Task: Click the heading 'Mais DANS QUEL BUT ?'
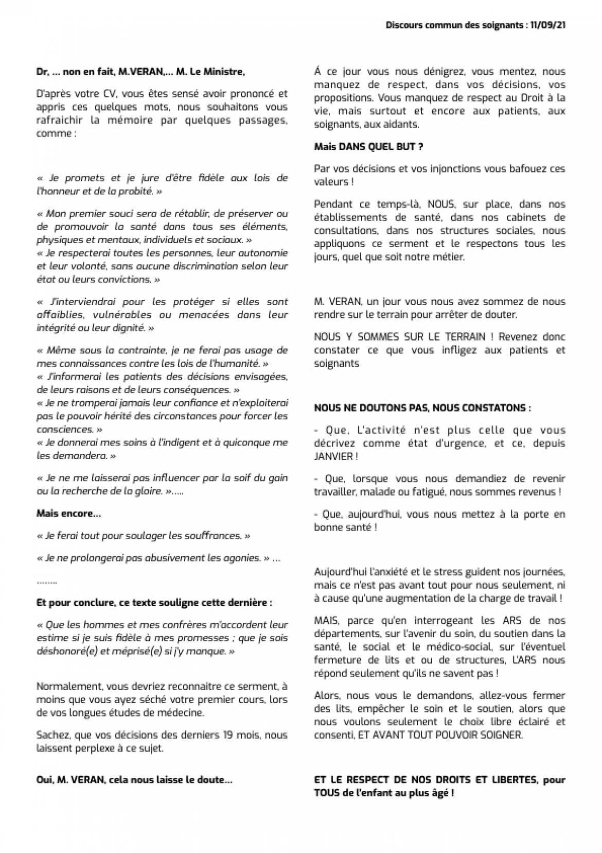point(368,147)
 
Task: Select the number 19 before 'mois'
point(228,735)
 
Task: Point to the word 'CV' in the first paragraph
point(110,94)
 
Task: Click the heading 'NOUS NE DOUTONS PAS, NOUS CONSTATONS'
point(422,408)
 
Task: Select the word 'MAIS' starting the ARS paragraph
point(326,620)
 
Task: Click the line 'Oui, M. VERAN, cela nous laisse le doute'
point(134,780)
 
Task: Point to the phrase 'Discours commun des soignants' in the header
point(454,26)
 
